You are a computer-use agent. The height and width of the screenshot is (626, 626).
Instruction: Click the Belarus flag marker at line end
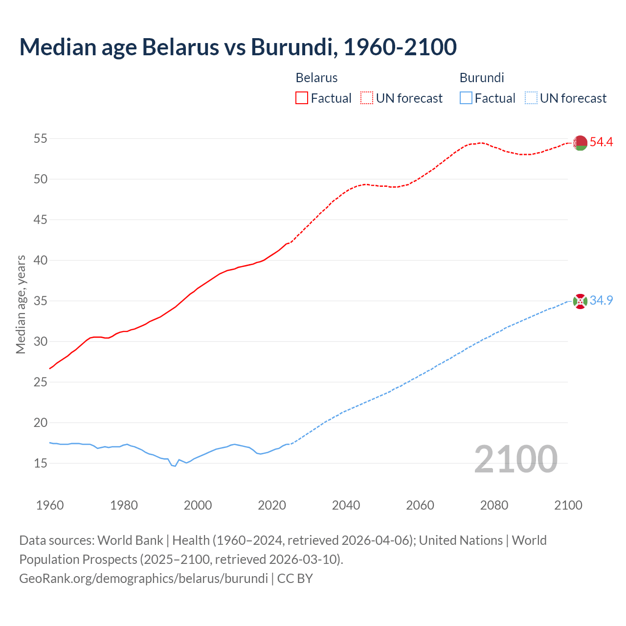click(580, 143)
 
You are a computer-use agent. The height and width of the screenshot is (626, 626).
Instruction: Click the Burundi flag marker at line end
click(580, 301)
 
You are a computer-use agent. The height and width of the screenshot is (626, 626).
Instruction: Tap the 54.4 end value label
click(601, 142)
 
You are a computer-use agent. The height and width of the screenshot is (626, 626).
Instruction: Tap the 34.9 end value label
click(601, 300)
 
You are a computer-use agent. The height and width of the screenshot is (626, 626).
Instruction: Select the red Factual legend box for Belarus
click(302, 98)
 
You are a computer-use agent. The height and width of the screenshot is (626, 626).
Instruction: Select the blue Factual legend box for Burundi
click(466, 98)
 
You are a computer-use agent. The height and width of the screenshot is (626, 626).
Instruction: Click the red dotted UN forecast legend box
click(367, 98)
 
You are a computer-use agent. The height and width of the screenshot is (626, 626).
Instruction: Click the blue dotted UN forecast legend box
click(531, 98)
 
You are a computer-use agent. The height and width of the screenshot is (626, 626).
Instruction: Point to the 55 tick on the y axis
click(41, 139)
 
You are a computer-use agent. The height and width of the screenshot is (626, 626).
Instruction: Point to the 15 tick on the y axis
click(41, 463)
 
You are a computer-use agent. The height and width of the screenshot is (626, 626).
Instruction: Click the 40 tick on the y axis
click(41, 261)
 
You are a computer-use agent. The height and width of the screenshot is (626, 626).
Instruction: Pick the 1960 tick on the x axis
click(50, 505)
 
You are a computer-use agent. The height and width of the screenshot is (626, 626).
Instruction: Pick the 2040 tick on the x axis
click(346, 505)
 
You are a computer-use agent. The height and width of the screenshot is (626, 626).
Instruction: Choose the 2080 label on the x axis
click(494, 505)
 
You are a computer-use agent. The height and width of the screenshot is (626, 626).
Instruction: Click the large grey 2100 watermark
click(515, 459)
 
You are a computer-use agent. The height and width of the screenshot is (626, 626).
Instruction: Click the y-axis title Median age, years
click(21, 304)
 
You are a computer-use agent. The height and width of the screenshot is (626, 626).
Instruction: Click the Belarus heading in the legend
click(316, 78)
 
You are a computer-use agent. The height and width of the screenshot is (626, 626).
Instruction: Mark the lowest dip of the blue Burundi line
click(175, 466)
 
